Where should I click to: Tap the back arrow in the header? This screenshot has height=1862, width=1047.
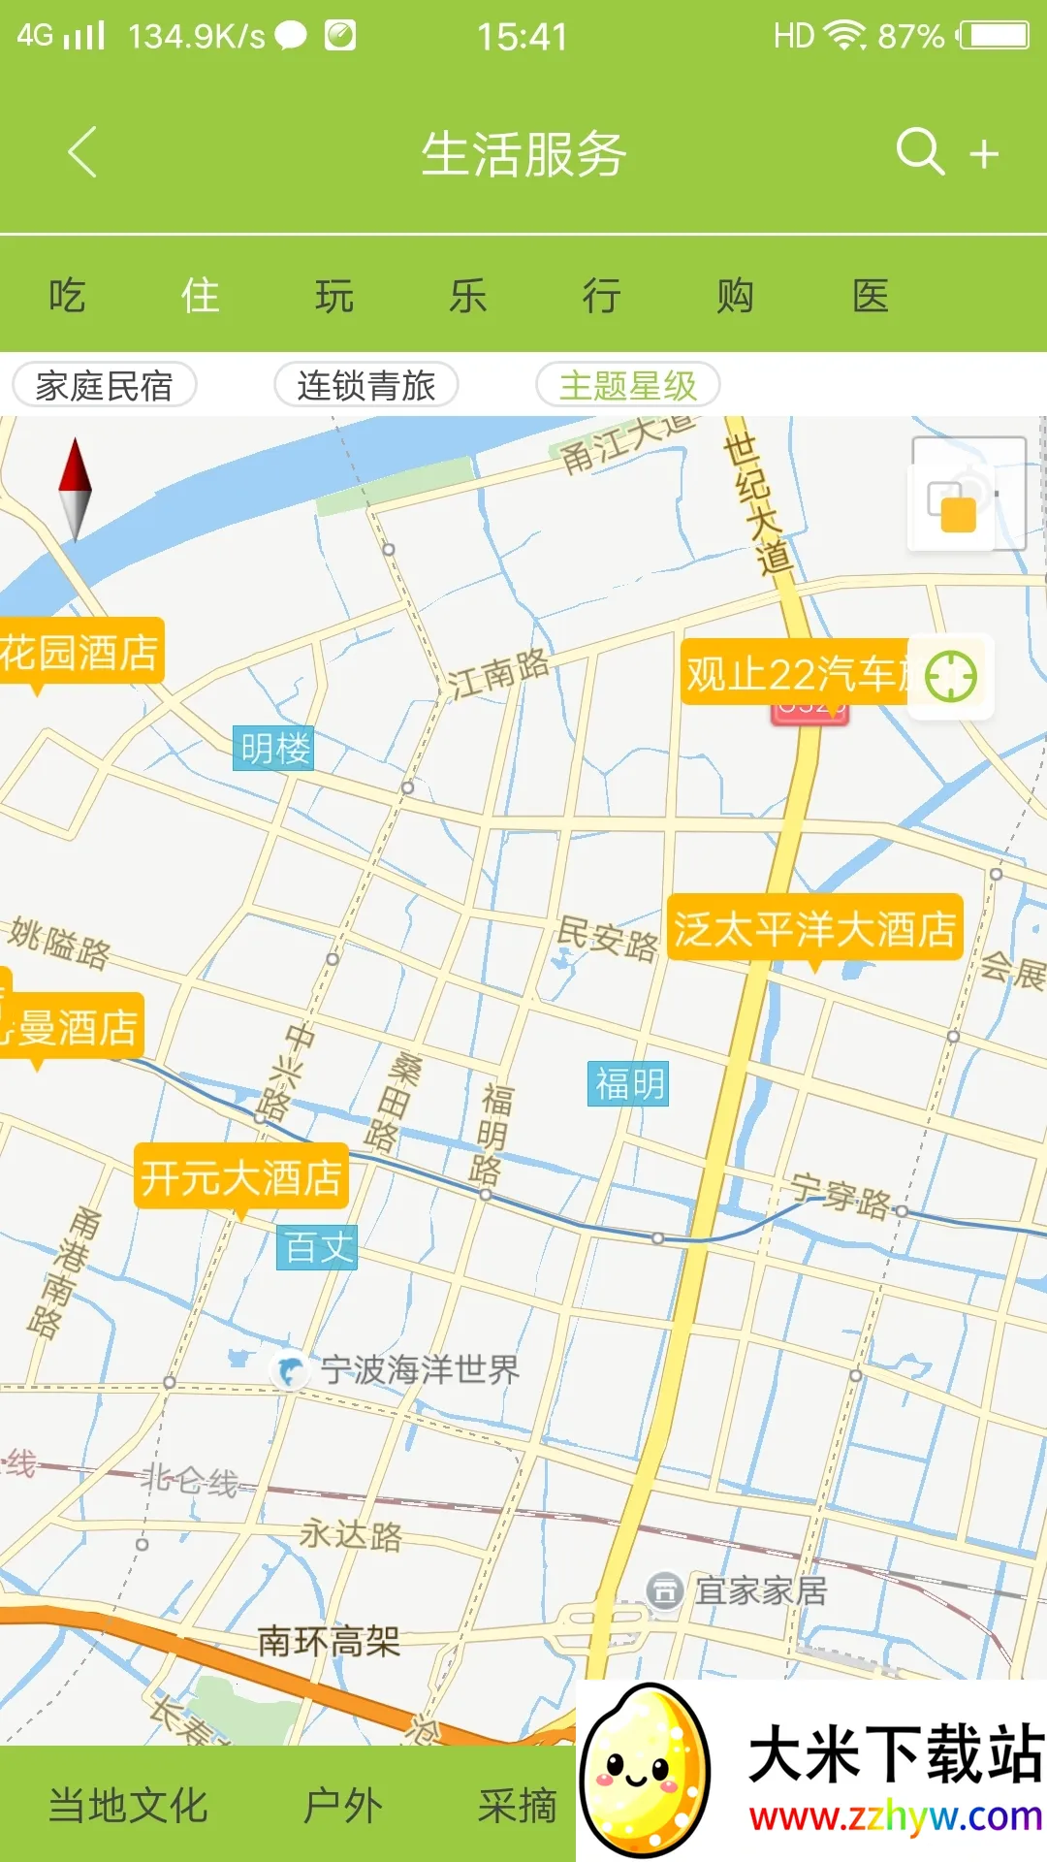(82, 152)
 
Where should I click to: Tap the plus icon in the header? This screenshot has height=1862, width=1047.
(984, 153)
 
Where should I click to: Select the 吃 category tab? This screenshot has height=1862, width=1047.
(67, 296)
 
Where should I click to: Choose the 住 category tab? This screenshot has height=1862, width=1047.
(201, 296)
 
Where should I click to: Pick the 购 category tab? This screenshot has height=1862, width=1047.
(735, 296)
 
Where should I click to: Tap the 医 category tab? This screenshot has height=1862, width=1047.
(870, 296)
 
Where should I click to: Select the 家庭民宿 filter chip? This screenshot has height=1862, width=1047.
(105, 385)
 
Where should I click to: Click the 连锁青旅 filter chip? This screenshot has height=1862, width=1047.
(366, 385)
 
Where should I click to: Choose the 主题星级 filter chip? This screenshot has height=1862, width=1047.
(628, 385)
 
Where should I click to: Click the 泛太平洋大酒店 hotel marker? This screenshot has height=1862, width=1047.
(814, 929)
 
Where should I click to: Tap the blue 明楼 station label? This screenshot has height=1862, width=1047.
(274, 748)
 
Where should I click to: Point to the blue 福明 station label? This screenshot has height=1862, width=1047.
(629, 1083)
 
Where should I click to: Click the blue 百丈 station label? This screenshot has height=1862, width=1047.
(318, 1247)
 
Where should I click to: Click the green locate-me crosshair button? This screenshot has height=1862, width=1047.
(950, 676)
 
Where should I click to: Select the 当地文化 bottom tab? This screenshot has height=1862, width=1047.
(128, 1806)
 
